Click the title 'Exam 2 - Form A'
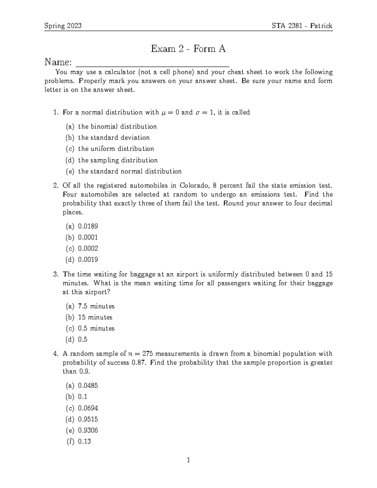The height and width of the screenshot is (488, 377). point(188,49)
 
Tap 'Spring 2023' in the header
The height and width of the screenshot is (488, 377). point(63,26)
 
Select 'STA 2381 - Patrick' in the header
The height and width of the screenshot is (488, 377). point(302,26)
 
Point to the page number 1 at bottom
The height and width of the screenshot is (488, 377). point(188,460)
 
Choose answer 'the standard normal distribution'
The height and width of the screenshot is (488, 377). point(129,171)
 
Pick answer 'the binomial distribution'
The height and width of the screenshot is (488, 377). point(117,127)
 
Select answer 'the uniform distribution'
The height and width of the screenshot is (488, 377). point(116,149)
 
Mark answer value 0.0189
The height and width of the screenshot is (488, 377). point(88,226)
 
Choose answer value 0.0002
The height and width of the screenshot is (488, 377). point(88,248)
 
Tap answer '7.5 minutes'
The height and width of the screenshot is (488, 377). point(96,306)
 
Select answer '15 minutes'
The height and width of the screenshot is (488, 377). point(95,317)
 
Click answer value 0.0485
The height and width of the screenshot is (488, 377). point(88,386)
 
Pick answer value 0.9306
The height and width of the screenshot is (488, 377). point(88,430)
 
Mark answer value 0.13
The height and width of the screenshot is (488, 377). point(84,441)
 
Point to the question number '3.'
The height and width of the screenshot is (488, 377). point(56,274)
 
